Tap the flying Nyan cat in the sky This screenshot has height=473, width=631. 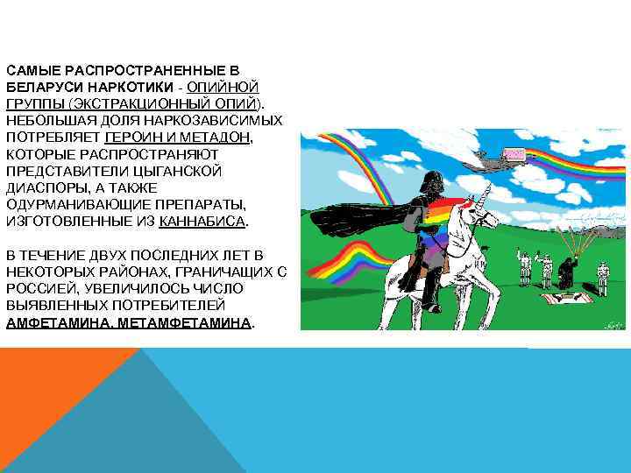[x=512, y=155]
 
